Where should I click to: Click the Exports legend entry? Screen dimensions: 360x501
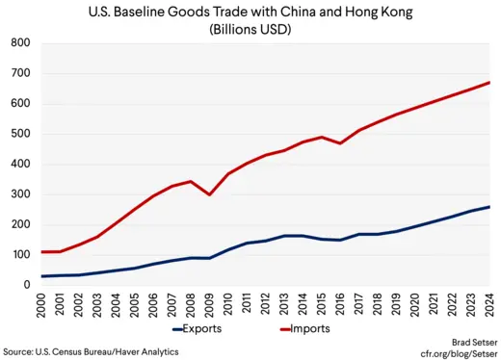[205, 329]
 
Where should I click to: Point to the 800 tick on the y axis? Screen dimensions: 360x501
[18, 44]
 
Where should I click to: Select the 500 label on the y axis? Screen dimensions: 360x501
[18, 134]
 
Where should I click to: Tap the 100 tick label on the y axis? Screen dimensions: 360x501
[18, 255]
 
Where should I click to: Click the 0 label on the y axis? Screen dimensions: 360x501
[25, 285]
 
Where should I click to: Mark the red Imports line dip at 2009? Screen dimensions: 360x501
[209, 194]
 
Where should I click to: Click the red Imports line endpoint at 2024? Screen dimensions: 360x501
[490, 83]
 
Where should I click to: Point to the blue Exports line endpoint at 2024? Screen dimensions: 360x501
[490, 207]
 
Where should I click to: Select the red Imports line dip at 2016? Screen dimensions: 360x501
[341, 143]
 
